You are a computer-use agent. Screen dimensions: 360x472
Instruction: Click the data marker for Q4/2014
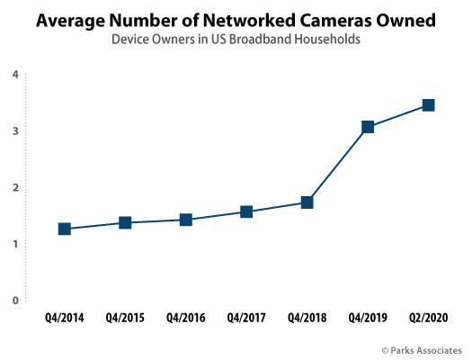(65, 229)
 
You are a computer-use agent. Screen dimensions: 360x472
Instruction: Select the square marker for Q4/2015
(125, 222)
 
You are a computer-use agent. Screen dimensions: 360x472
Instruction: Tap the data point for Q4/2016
(186, 220)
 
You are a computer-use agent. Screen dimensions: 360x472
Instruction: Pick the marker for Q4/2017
(246, 211)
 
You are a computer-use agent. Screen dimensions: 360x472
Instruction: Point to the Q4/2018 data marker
(307, 202)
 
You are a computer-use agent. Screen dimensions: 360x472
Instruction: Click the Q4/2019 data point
(368, 127)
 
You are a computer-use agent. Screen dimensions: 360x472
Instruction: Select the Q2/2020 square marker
(429, 105)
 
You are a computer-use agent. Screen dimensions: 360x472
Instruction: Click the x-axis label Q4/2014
(65, 319)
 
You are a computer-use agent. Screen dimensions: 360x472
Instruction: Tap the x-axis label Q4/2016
(186, 319)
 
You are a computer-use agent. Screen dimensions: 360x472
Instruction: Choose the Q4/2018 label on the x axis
(307, 319)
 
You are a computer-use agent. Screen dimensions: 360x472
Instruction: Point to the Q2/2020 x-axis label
(429, 319)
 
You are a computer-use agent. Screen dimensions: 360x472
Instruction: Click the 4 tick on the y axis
(15, 75)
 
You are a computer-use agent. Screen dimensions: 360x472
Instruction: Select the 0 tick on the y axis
(15, 301)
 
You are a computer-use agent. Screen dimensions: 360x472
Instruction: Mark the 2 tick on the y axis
(15, 188)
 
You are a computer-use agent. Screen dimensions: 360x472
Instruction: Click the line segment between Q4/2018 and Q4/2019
(337, 165)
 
